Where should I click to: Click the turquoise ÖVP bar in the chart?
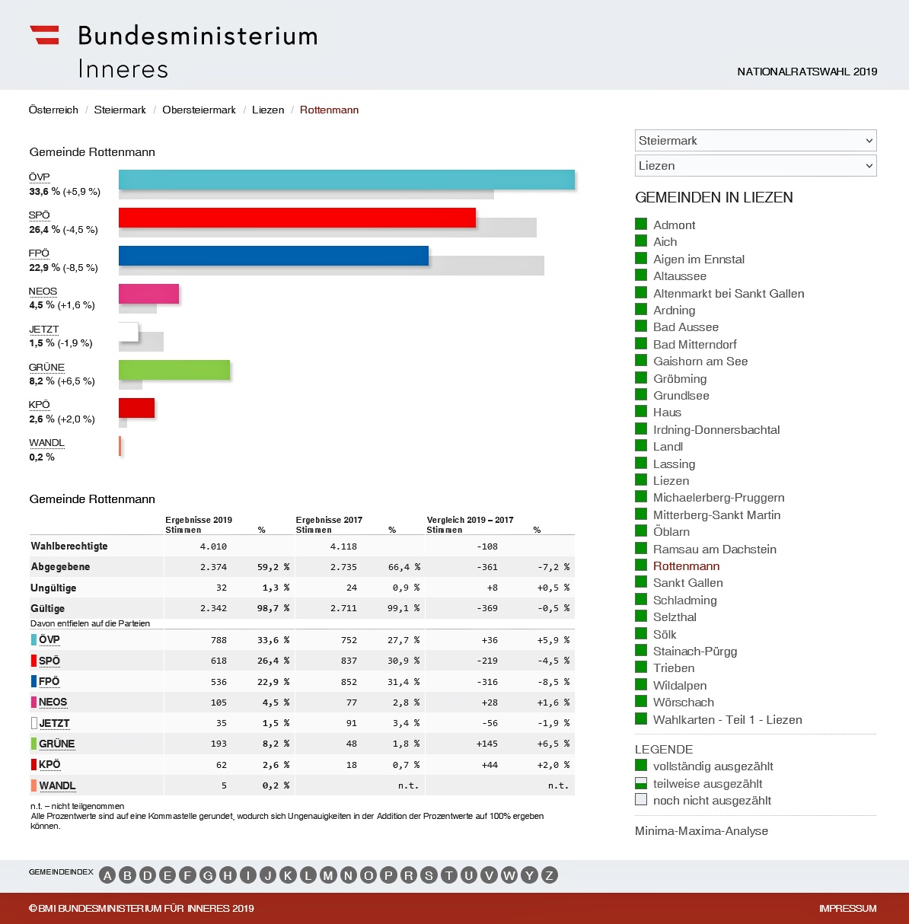click(346, 180)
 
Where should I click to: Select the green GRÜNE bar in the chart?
click(174, 370)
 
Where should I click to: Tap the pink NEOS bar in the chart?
click(148, 294)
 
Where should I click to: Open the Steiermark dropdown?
click(755, 141)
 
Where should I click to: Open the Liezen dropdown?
click(755, 166)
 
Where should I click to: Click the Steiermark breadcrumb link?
click(120, 110)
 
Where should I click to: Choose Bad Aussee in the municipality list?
click(685, 327)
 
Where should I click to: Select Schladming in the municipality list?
click(684, 600)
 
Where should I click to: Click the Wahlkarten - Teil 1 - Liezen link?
click(727, 719)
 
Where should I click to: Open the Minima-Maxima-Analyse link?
click(701, 831)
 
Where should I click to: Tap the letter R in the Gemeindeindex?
click(408, 875)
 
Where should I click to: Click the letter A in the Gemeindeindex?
click(107, 875)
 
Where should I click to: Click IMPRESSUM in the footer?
click(847, 908)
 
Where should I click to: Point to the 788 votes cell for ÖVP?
click(218, 640)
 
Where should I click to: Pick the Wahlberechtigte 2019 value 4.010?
click(213, 546)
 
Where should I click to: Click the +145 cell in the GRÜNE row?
click(487, 744)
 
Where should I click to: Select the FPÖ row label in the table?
click(49, 681)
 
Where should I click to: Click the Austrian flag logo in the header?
click(44, 35)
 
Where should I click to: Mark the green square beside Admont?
click(641, 224)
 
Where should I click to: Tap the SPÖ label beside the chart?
click(39, 215)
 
